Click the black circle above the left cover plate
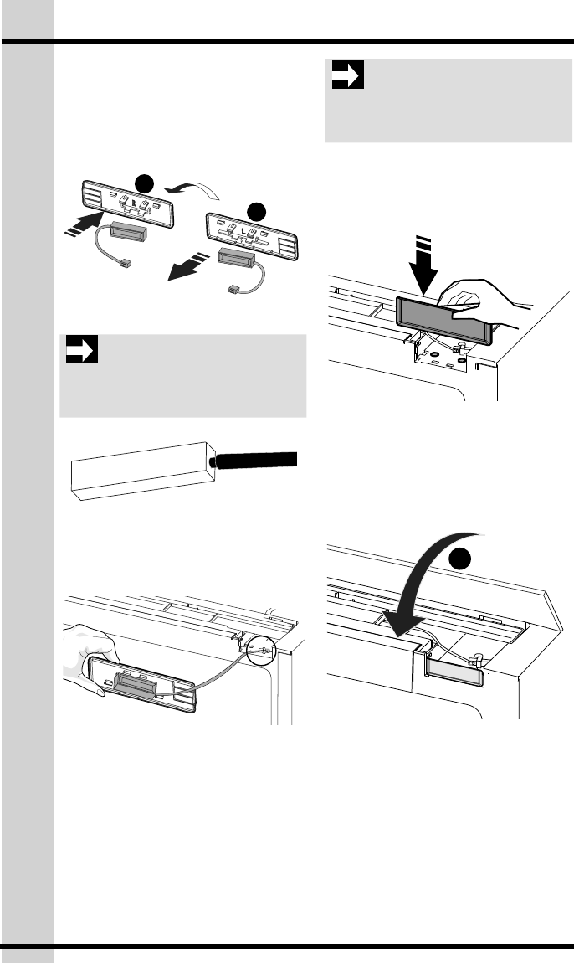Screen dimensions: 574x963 [146, 182]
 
